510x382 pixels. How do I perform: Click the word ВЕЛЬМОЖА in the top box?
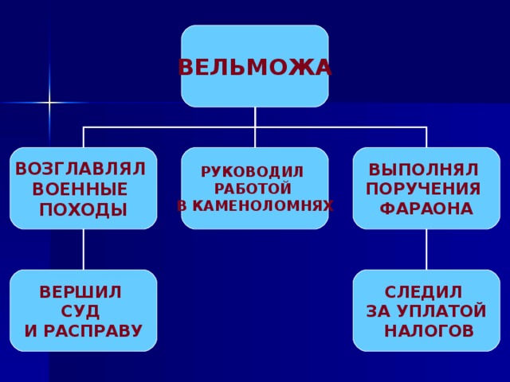(255, 68)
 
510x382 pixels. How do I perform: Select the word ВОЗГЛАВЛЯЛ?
(80, 169)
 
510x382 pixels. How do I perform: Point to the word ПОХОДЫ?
(83, 210)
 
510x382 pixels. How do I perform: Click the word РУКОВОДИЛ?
(252, 172)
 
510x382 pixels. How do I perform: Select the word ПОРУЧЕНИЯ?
(423, 189)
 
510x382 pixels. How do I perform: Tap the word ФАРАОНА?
(426, 209)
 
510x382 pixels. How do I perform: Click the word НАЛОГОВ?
(429, 330)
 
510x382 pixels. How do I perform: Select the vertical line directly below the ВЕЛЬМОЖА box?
(255, 117)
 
